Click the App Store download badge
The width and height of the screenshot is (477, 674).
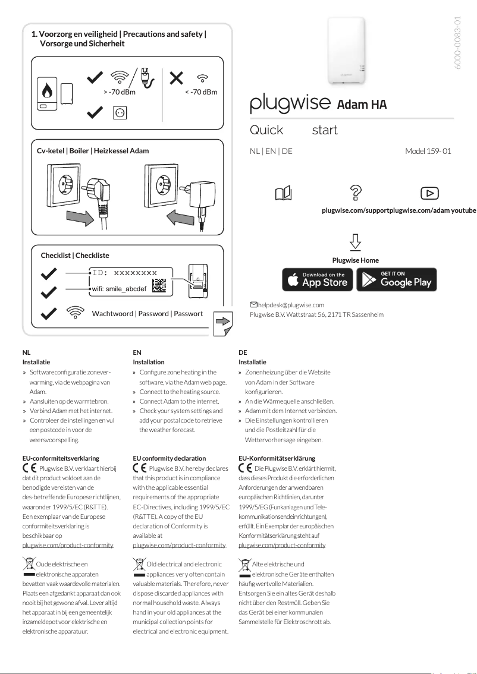pyautogui.click(x=317, y=279)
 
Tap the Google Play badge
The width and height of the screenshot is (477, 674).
pyautogui.click(x=396, y=279)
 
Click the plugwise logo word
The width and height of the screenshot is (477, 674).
pyautogui.click(x=290, y=104)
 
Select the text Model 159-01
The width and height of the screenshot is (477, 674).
pyautogui.click(x=428, y=151)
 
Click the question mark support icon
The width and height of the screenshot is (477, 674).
pyautogui.click(x=356, y=193)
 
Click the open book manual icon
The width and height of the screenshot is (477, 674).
pyautogui.click(x=284, y=193)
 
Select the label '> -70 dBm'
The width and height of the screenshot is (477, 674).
pyautogui.click(x=119, y=92)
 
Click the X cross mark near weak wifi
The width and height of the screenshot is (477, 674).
pyautogui.click(x=176, y=78)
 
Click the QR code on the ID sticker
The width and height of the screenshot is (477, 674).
pyautogui.click(x=159, y=286)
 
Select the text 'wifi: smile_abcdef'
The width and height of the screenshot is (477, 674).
pyautogui.click(x=119, y=288)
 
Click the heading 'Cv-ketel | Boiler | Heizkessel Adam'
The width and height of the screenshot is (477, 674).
pyautogui.click(x=93, y=151)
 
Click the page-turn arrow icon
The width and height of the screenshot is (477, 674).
pyautogui.click(x=223, y=322)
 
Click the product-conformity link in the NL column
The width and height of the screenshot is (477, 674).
pyautogui.click(x=67, y=544)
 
